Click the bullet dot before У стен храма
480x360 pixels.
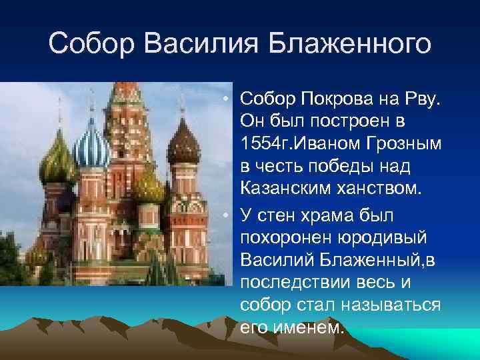pos(227,215)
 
